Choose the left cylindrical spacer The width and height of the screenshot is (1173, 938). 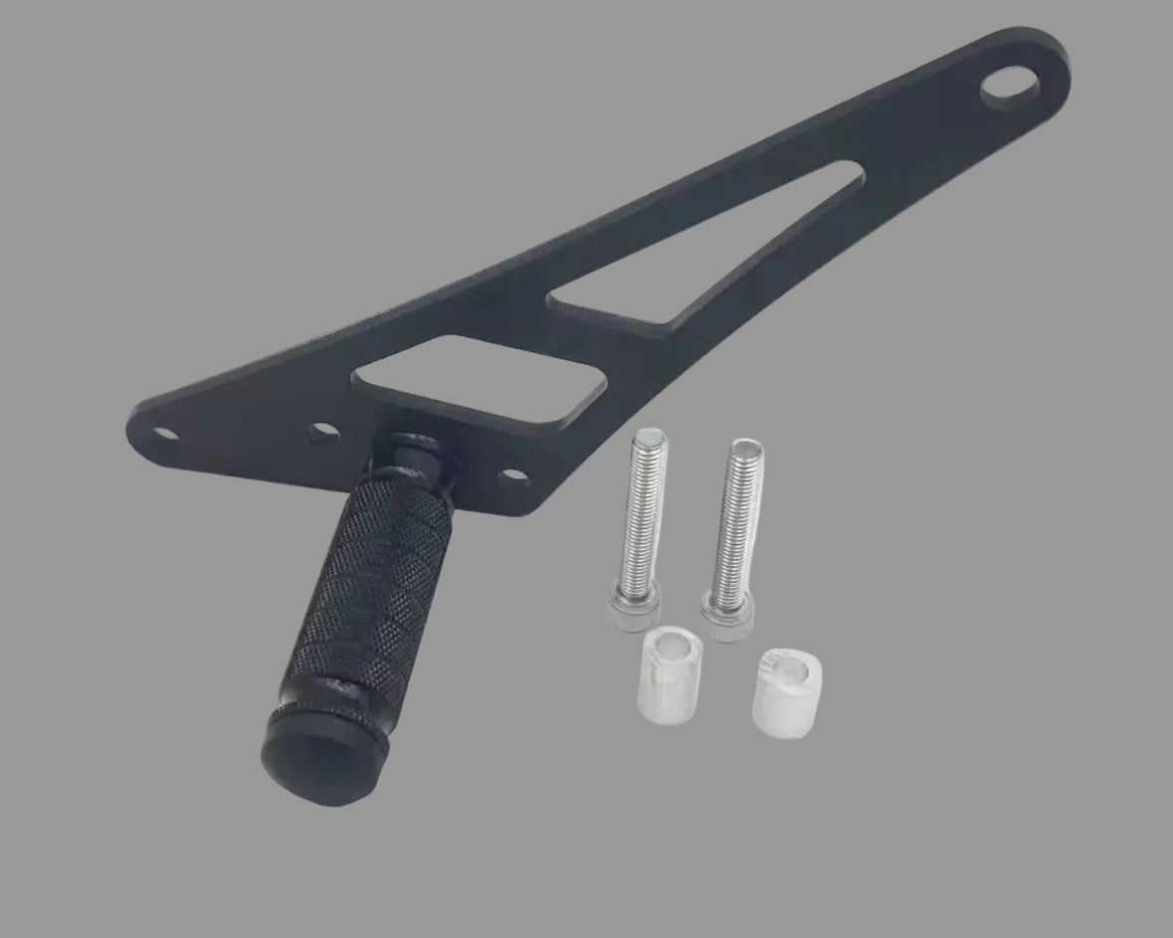pos(669,672)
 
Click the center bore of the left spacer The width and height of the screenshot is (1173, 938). pos(675,649)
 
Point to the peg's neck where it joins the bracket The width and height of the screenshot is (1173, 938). pos(418,458)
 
